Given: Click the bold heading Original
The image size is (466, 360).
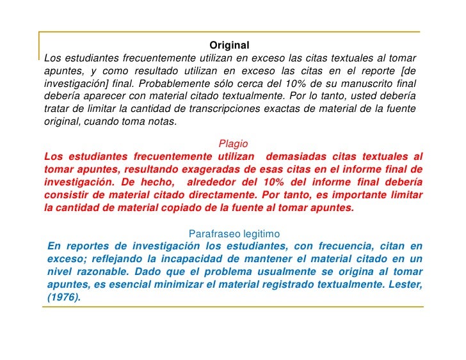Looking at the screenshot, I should click(x=229, y=45).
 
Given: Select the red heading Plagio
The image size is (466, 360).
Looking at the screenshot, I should click(x=233, y=144).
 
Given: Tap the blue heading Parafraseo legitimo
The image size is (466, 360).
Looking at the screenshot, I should click(x=233, y=233).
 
